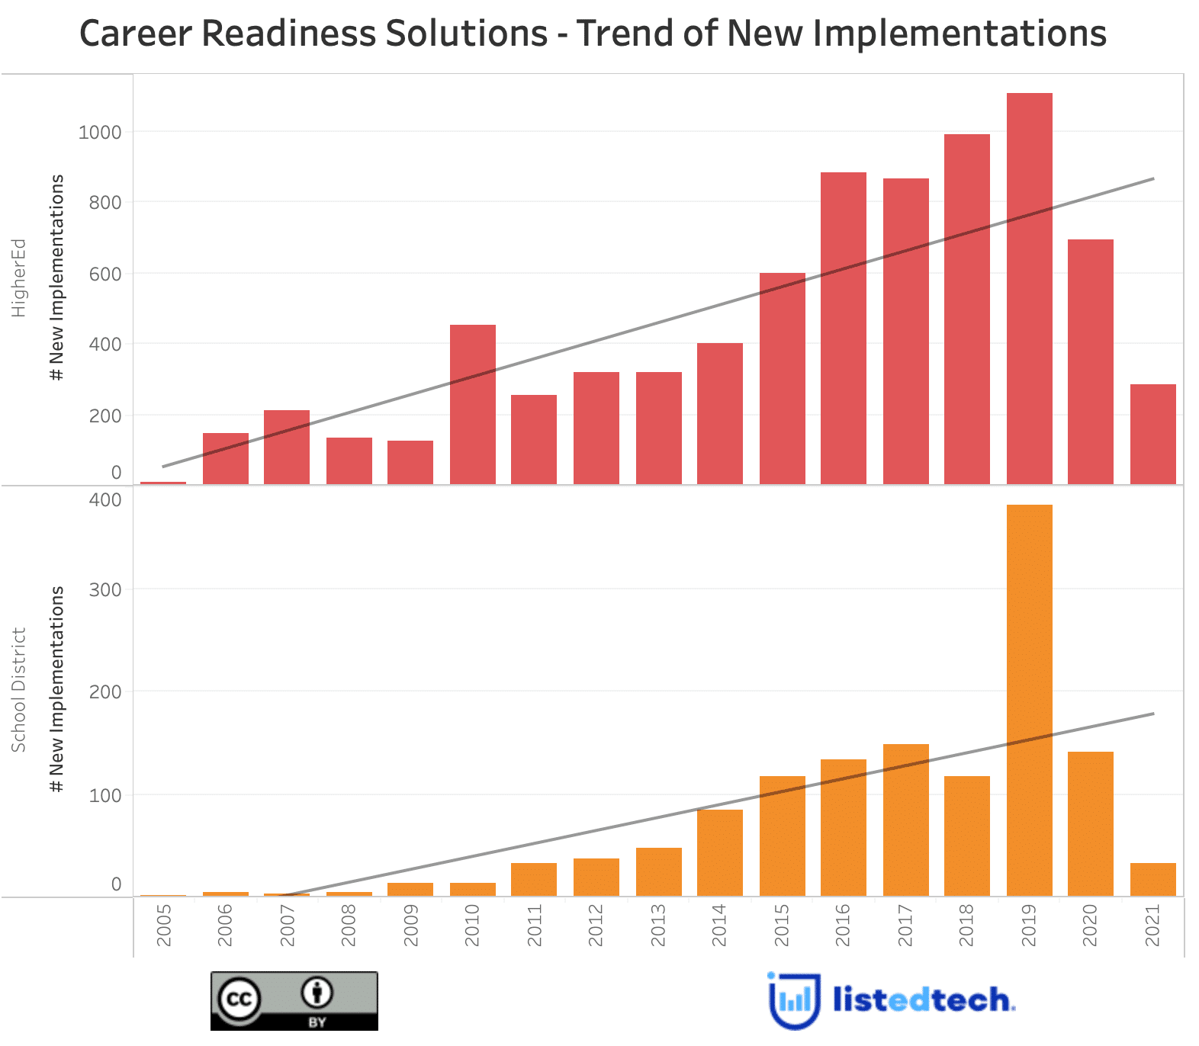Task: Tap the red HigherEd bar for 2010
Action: click(x=472, y=404)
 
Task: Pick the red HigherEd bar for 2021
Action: click(x=1152, y=434)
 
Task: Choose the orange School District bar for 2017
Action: click(x=905, y=820)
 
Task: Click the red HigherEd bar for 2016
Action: click(x=843, y=328)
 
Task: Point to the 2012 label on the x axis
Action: click(x=596, y=926)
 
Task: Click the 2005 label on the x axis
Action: click(x=163, y=926)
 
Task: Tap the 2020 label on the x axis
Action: click(x=1090, y=926)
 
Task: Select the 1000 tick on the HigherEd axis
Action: click(x=100, y=133)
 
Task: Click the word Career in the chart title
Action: click(x=131, y=34)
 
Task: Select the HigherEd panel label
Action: click(x=18, y=278)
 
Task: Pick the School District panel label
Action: click(x=18, y=690)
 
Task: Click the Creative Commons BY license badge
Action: click(x=294, y=1000)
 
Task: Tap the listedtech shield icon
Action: click(x=794, y=1000)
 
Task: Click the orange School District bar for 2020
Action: click(x=1090, y=823)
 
